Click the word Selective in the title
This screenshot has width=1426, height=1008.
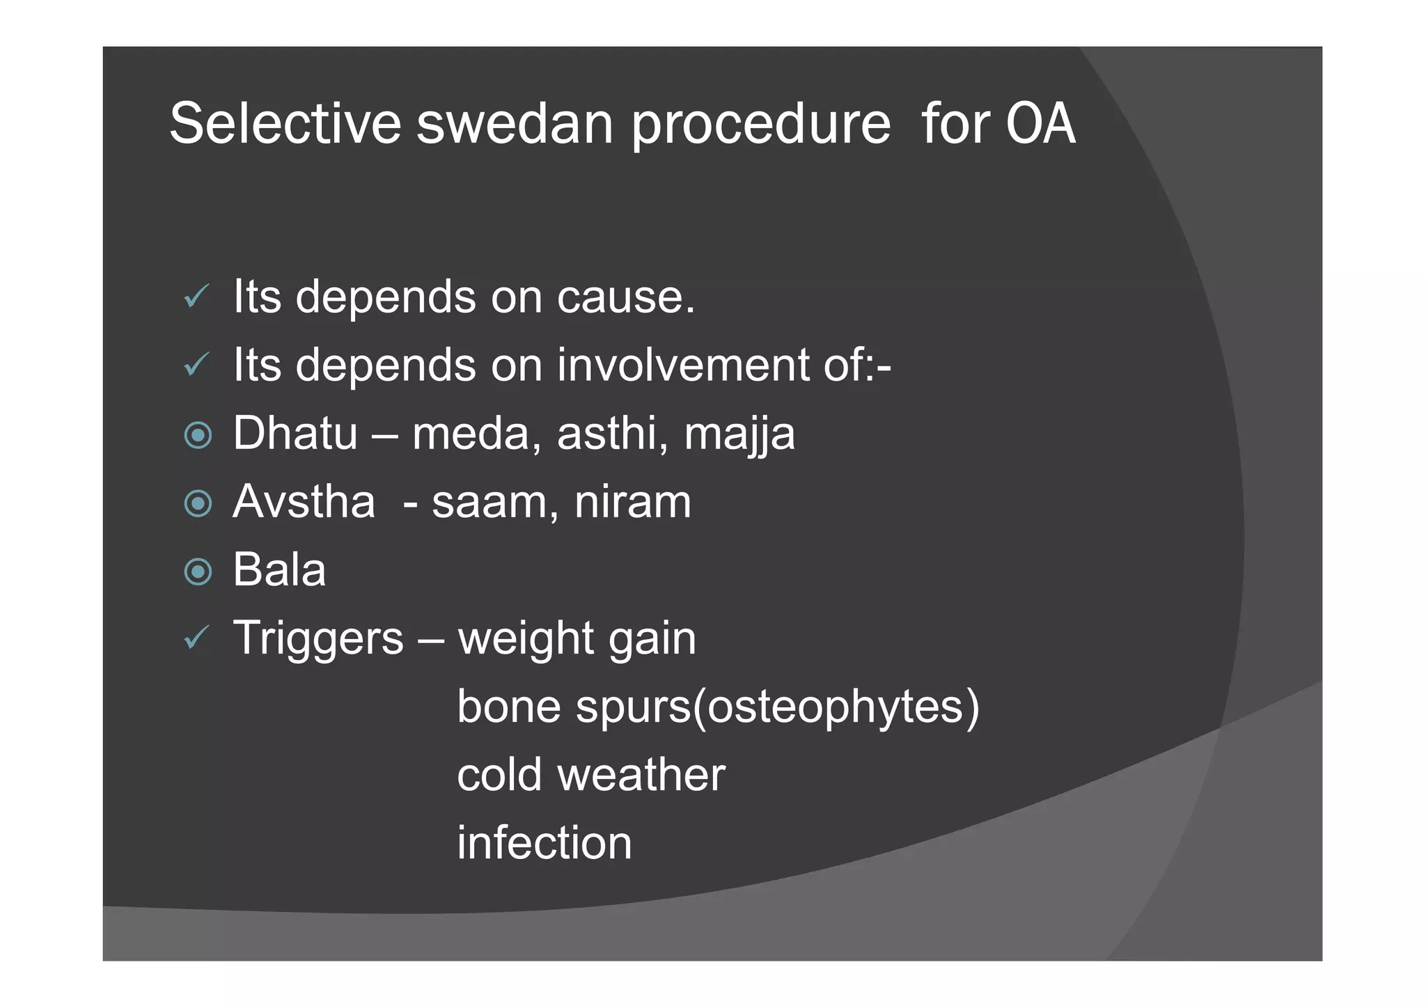click(285, 124)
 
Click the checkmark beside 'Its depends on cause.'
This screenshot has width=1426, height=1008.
click(196, 297)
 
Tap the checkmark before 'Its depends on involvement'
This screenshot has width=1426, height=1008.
click(196, 364)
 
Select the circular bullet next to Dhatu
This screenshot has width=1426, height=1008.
click(198, 436)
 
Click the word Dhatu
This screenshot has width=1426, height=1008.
click(295, 433)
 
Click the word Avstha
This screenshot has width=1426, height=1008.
click(304, 501)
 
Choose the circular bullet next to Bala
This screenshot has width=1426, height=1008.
click(198, 572)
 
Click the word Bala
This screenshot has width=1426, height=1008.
click(279, 569)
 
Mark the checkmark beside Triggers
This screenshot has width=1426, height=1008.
click(196, 637)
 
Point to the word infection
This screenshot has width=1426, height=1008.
click(544, 842)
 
